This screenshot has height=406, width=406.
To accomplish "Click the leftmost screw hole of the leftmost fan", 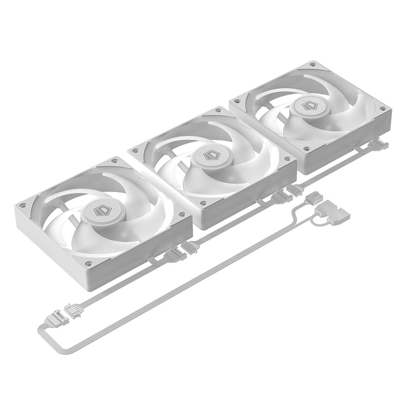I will [x=23, y=206].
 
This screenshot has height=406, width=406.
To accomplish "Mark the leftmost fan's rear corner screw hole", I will [x=115, y=160].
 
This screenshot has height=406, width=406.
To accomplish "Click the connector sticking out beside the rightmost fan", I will [x=378, y=145].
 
